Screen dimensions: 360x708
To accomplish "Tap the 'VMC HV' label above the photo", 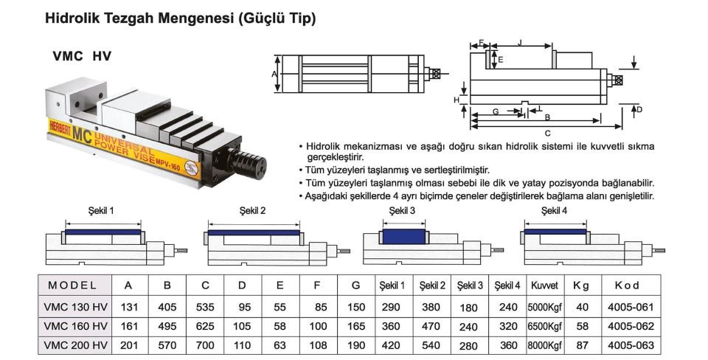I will pos(82,56).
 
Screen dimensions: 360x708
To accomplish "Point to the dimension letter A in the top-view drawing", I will pos(274,75).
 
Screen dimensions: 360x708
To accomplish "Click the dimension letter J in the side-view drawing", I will pos(521,44).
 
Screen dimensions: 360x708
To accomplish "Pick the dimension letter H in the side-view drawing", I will pos(457,99).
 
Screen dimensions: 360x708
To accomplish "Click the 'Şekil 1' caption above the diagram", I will pos(101,211).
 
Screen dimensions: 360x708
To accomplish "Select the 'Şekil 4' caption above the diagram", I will pos(555,211).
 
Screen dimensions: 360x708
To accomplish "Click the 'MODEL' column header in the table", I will pos(73,285).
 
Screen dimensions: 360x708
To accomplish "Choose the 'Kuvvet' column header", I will pos(544,285).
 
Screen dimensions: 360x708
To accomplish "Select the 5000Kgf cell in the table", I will pos(544,306).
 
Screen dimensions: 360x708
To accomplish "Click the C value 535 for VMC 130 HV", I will pos(205,306).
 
